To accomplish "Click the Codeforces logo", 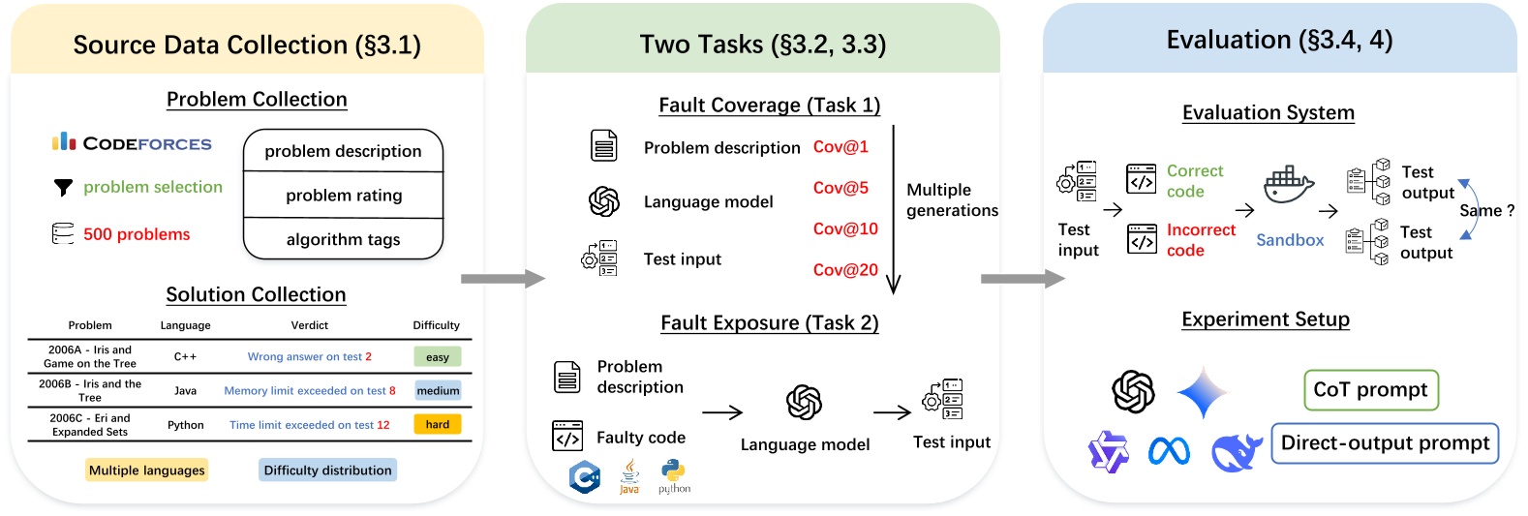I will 132,143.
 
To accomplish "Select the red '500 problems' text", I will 137,234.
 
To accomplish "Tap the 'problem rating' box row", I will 344,196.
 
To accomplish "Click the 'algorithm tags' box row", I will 344,240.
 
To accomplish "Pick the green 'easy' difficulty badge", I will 438,357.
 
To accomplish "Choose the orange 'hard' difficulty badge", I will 438,424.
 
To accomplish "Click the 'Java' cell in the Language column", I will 185,391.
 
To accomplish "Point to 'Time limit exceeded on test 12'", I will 310,425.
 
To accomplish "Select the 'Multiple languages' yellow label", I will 147,470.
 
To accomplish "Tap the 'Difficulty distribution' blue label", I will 328,470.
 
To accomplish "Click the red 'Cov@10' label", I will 845,229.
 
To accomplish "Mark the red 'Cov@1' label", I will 840,147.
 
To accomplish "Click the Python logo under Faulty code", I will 674,473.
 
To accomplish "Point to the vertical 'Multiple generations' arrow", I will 894,208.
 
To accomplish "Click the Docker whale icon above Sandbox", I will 1288,184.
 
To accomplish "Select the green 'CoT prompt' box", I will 1370,390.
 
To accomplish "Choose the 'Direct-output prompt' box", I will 1385,443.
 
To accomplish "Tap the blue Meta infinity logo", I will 1169,451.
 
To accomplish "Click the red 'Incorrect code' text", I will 1201,240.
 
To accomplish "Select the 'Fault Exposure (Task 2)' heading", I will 770,323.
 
